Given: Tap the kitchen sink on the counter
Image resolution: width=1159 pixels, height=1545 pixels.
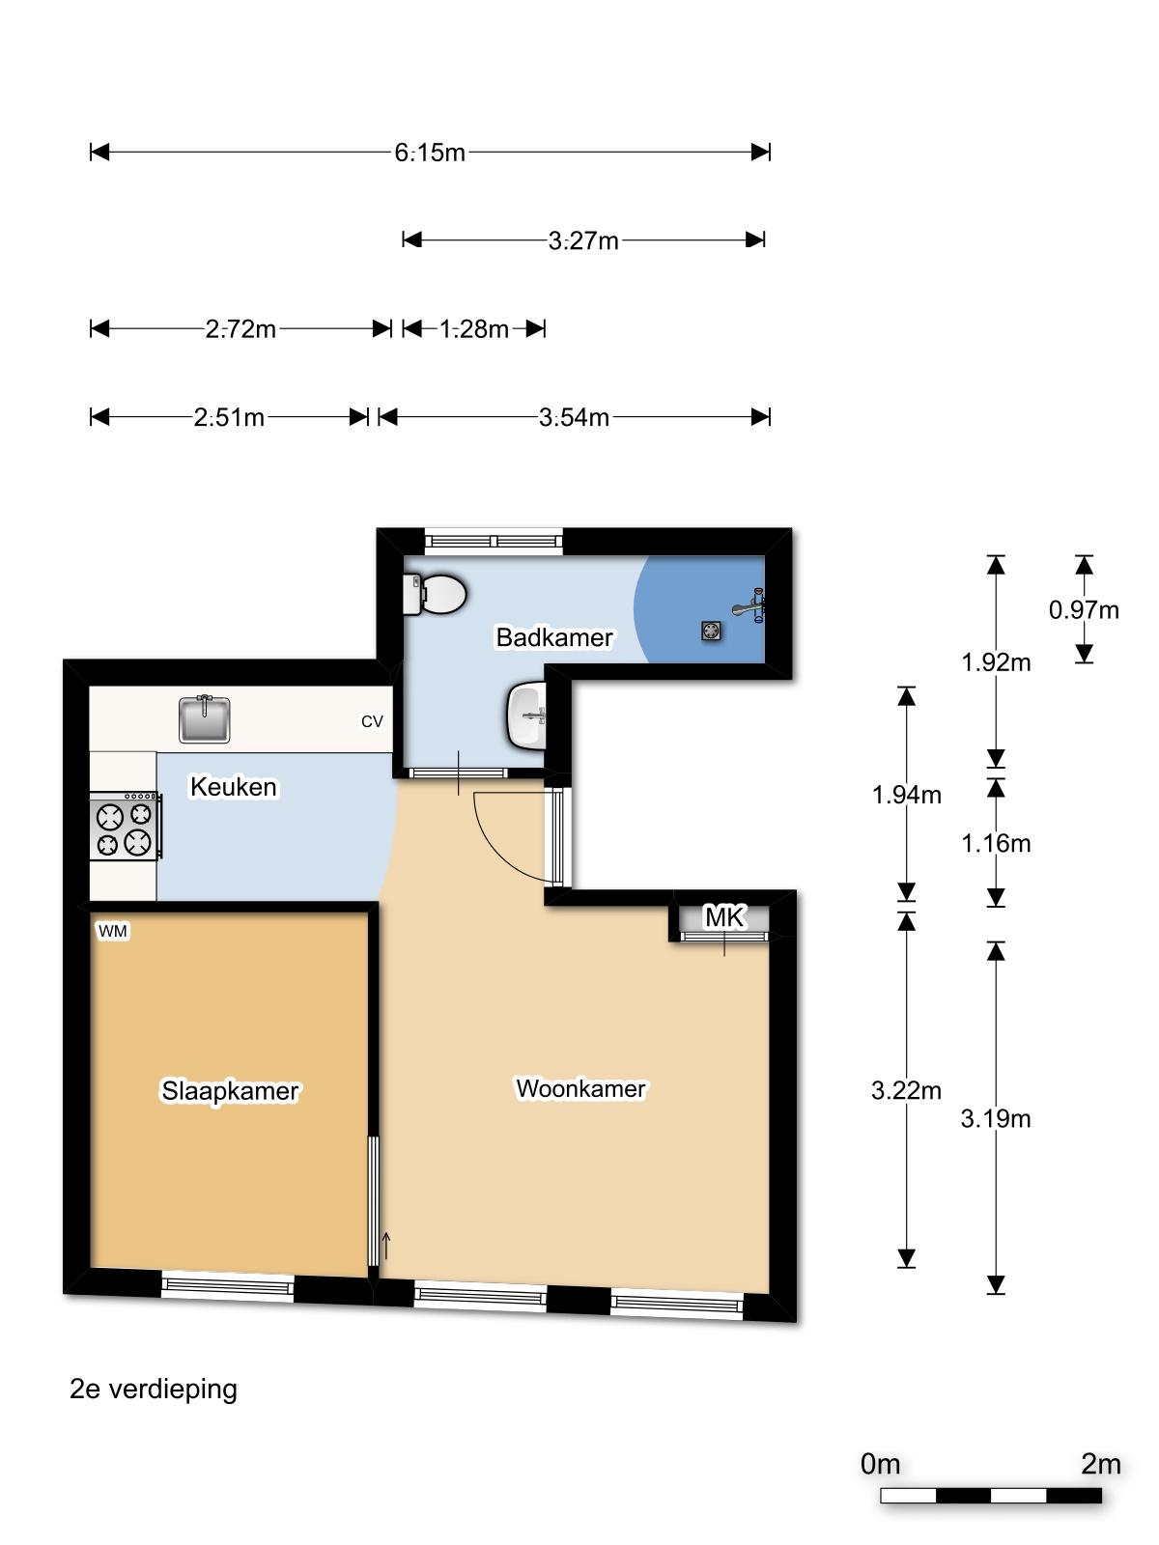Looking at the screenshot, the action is tap(204, 718).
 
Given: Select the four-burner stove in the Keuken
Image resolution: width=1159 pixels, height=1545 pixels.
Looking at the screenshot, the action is tap(126, 827).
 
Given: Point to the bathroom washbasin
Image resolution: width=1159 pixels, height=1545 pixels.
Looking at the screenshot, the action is tap(526, 716).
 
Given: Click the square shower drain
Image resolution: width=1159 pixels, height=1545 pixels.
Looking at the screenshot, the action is tap(712, 630).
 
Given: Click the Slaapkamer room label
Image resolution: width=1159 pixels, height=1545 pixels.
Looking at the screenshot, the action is tap(230, 1090).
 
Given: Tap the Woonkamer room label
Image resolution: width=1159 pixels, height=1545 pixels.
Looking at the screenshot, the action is tap(581, 1088).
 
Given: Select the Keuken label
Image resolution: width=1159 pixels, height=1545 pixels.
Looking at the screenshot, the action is tap(234, 787).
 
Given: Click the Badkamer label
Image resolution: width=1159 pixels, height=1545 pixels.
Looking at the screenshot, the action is tap(554, 637).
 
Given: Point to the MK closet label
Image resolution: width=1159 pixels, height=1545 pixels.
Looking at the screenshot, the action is tap(724, 917).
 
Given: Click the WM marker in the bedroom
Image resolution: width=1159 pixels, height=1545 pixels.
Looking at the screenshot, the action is tap(113, 931).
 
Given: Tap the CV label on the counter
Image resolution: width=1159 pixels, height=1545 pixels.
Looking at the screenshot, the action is tap(372, 721).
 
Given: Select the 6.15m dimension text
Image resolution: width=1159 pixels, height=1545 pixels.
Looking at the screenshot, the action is tap(430, 153).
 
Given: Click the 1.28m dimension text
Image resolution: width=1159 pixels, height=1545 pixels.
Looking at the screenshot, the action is tap(474, 328).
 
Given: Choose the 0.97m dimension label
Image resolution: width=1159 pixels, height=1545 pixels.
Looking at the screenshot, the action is tap(1084, 609).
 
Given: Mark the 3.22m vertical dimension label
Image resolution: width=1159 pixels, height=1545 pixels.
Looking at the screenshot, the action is tap(906, 1090).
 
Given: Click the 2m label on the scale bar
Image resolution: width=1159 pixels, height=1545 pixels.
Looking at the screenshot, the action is tap(1101, 1464).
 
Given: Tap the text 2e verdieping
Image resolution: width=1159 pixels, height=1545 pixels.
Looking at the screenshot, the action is tap(154, 1389).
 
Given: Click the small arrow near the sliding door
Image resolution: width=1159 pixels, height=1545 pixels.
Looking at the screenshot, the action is tap(385, 1246).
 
